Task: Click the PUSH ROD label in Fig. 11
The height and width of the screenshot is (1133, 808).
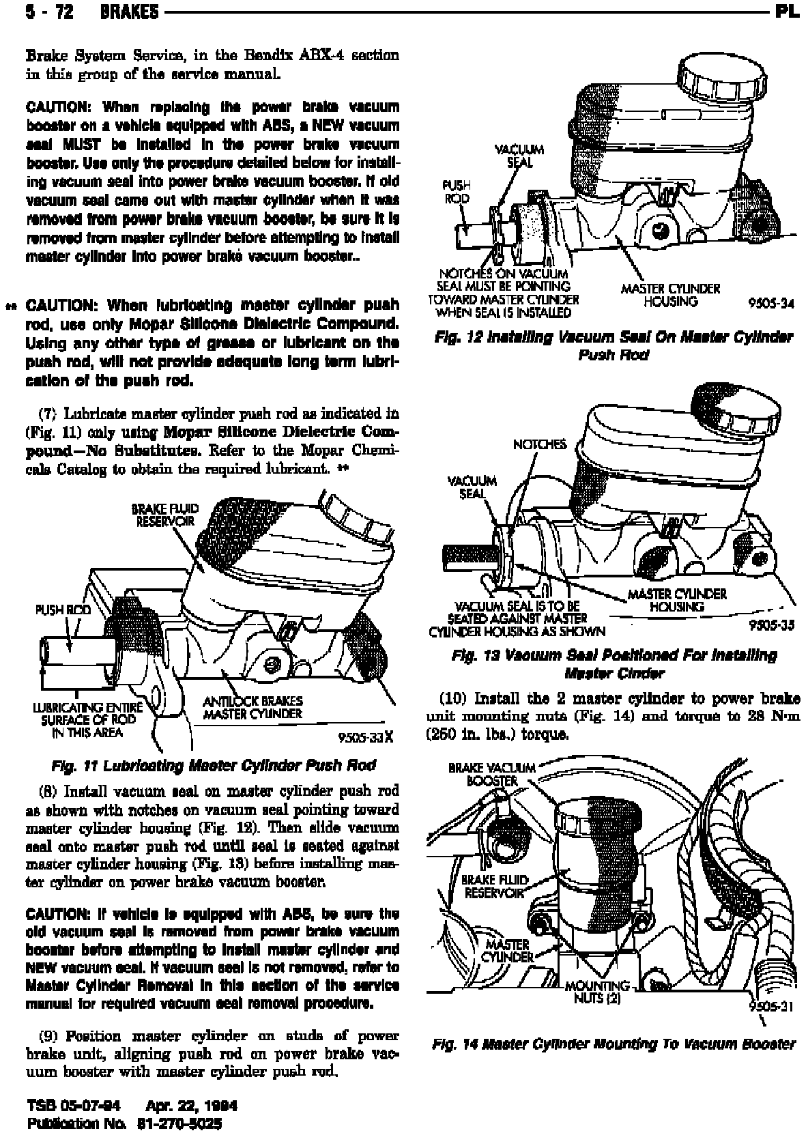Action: [63, 609]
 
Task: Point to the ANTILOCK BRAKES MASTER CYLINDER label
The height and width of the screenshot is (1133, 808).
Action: [252, 707]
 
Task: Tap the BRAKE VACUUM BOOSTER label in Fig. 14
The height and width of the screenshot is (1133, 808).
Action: [491, 774]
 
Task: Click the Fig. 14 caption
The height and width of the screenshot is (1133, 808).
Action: [614, 1044]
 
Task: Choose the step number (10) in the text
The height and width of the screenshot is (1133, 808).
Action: [452, 699]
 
